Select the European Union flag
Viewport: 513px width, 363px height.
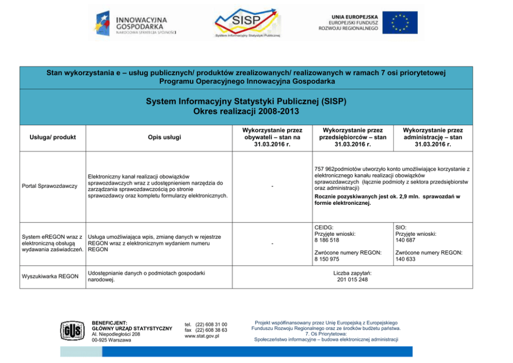pos(404,23)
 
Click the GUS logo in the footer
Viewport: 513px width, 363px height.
pos(70,330)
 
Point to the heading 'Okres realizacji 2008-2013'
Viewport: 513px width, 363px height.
pos(246,111)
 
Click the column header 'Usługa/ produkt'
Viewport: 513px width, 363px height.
pos(52,138)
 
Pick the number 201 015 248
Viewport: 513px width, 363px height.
pos(352,280)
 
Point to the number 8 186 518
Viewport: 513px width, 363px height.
pos(327,240)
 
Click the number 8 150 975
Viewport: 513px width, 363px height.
pos(327,259)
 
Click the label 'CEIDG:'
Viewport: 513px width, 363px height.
pos(324,227)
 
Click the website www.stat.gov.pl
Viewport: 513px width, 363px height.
pos(202,336)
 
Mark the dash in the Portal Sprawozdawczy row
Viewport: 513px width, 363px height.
pos(272,186)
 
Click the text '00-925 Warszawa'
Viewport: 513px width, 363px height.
pos(111,340)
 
